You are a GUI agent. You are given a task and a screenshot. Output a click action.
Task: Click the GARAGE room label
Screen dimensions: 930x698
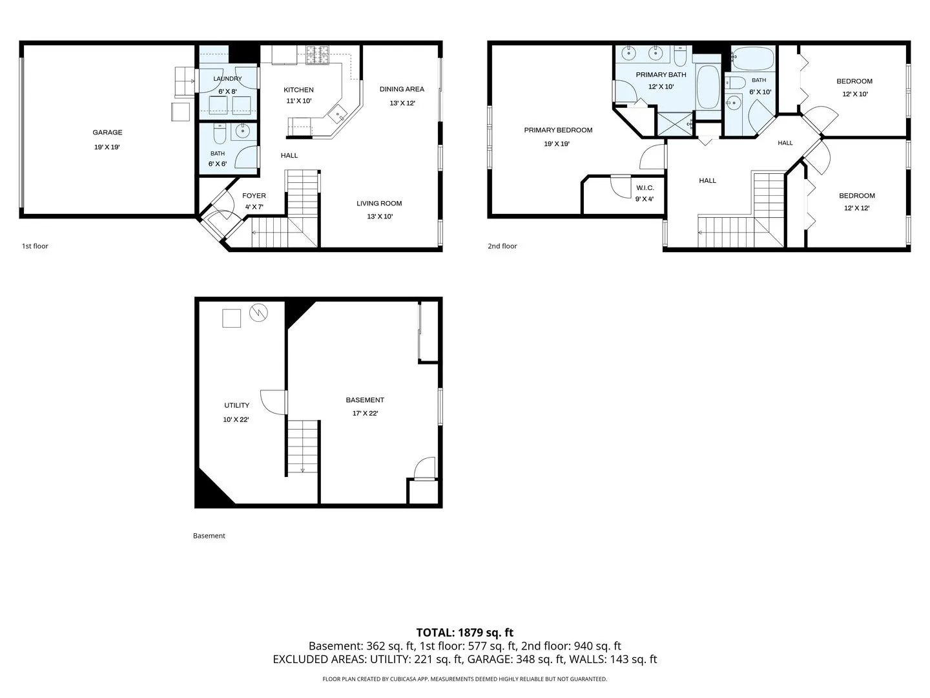107,132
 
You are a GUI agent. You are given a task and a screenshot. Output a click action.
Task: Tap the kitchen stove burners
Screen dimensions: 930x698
317,55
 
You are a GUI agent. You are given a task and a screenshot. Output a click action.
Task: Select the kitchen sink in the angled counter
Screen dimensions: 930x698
337,114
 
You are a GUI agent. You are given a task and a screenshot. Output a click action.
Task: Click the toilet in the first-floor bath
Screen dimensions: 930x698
220,134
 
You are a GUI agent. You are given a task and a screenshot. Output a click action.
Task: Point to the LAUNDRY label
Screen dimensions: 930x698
227,78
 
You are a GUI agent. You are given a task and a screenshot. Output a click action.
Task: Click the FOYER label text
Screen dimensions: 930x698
254,196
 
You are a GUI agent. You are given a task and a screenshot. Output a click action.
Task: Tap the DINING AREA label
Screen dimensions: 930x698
402,89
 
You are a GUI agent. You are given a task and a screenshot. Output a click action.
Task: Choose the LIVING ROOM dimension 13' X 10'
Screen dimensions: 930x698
380,217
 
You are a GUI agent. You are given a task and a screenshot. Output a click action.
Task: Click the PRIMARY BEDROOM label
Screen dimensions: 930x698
558,130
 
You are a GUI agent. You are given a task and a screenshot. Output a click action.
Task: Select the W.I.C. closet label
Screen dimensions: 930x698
645,187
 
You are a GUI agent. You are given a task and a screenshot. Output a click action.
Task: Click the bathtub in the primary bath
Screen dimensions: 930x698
708,87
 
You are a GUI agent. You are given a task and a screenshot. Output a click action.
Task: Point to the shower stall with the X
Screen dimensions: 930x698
674,123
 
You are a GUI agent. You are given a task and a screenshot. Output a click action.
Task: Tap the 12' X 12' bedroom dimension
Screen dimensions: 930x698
857,208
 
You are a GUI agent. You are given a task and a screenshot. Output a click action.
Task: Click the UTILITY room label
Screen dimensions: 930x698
237,406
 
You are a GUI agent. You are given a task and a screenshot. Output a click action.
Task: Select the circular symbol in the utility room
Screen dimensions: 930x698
258,313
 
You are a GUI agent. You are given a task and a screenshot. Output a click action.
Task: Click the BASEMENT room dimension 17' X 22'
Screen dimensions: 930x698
366,413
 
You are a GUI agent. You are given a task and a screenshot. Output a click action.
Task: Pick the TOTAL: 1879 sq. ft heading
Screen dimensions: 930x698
465,633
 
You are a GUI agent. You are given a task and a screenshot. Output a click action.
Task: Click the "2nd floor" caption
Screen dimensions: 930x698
502,246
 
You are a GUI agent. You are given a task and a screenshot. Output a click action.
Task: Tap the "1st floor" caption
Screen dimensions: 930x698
35,246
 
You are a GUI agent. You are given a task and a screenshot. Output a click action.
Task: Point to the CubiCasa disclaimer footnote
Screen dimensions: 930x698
465,679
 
